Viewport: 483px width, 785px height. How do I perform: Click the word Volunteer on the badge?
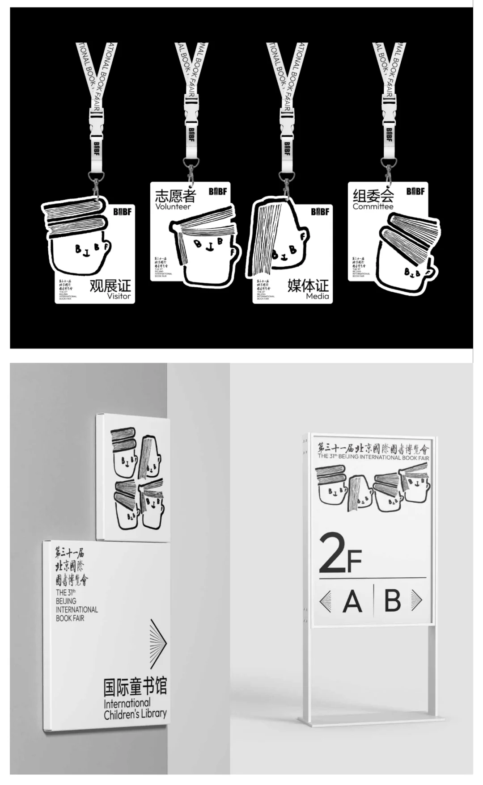click(173, 207)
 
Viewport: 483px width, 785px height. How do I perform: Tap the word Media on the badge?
click(317, 296)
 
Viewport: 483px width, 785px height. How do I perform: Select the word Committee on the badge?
click(373, 206)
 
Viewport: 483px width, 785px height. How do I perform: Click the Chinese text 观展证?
click(110, 285)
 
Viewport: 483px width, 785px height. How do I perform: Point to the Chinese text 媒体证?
click(308, 285)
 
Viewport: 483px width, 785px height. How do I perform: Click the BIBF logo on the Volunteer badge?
click(218, 192)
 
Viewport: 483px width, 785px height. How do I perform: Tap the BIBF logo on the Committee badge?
click(415, 191)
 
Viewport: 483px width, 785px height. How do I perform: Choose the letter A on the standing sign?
click(352, 601)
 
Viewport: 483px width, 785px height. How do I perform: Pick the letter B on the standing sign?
click(392, 601)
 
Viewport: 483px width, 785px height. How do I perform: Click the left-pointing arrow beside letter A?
click(326, 601)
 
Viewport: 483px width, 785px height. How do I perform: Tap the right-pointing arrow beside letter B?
click(416, 600)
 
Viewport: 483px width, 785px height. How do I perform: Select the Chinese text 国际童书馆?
click(135, 687)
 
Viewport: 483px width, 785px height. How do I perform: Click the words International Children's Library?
click(135, 709)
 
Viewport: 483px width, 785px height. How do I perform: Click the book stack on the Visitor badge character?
click(75, 217)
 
